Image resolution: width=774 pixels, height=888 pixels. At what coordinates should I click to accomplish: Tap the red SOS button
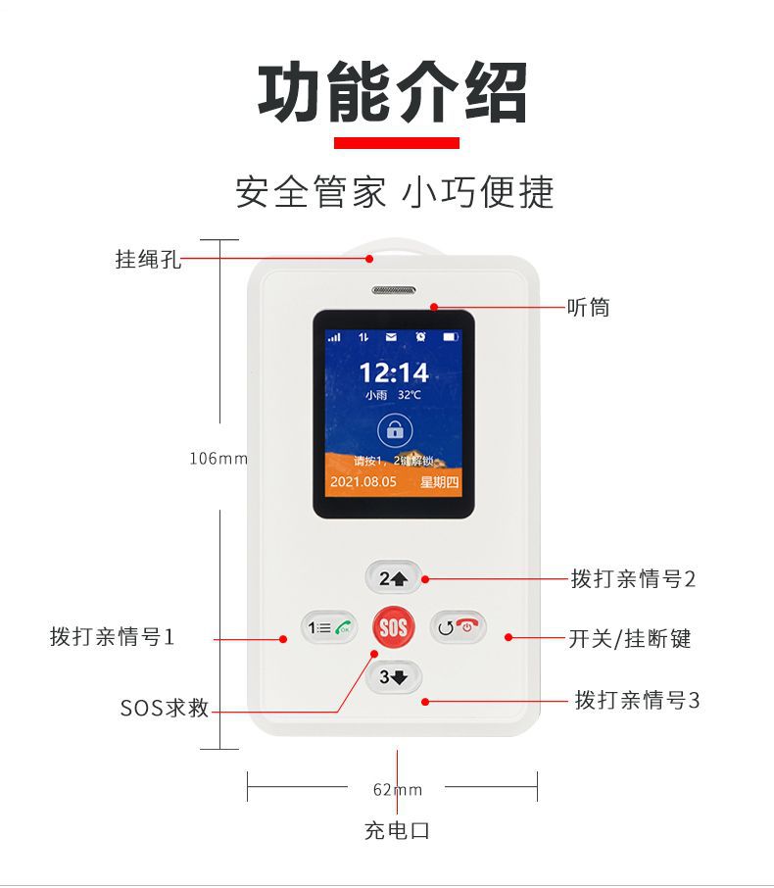tap(394, 627)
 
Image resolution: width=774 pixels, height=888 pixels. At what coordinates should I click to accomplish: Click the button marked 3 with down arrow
tap(394, 676)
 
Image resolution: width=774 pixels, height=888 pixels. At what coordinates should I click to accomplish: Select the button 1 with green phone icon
tap(329, 627)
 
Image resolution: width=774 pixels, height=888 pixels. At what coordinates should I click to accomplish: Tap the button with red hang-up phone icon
tap(459, 627)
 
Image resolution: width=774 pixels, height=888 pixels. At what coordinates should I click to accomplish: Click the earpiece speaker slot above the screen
tap(394, 290)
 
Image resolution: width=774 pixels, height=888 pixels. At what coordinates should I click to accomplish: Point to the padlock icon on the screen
tap(395, 431)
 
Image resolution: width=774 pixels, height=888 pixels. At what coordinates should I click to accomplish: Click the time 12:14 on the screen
tap(394, 372)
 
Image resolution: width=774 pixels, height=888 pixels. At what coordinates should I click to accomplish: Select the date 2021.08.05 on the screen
tap(363, 482)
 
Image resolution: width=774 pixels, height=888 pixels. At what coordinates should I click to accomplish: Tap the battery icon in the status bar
tap(450, 337)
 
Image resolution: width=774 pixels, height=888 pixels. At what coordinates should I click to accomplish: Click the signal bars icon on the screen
tap(334, 337)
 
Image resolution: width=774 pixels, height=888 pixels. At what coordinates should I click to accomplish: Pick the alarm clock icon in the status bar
tap(420, 337)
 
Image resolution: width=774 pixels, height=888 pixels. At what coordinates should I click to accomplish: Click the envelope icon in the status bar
tap(391, 337)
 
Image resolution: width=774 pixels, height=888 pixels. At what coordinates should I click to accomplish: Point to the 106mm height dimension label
tap(218, 458)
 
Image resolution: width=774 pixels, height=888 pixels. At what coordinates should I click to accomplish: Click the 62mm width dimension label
tap(398, 789)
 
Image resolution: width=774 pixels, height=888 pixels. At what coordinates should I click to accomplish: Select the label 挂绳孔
tap(148, 259)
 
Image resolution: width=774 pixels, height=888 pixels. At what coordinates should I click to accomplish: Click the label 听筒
tap(589, 308)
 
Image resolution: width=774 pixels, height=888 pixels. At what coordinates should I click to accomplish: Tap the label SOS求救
tap(165, 708)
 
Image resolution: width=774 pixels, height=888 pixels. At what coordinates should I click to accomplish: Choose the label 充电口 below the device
tap(397, 831)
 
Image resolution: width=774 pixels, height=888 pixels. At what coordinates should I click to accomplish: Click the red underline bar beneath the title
tap(397, 143)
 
